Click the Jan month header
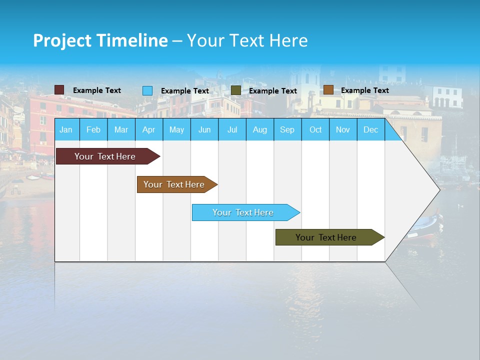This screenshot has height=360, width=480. coord(66,130)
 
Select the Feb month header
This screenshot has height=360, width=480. coord(93,130)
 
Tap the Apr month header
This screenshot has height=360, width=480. coord(148,130)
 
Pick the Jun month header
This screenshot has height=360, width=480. coord(204,130)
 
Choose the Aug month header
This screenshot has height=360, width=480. coord(259,130)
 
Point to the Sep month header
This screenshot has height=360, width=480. coord(287,130)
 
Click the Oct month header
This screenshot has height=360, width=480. coord(315,130)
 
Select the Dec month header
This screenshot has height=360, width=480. coord(370,130)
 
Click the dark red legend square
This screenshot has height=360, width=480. coord(59,90)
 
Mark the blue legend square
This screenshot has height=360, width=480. coord(147,90)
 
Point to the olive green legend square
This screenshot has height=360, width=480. coord(236,90)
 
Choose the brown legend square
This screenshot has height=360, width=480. coord(328,90)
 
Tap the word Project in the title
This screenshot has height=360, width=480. coord(62,40)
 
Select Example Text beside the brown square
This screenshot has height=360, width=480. coord(364,90)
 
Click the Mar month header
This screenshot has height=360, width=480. coord(121,130)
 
